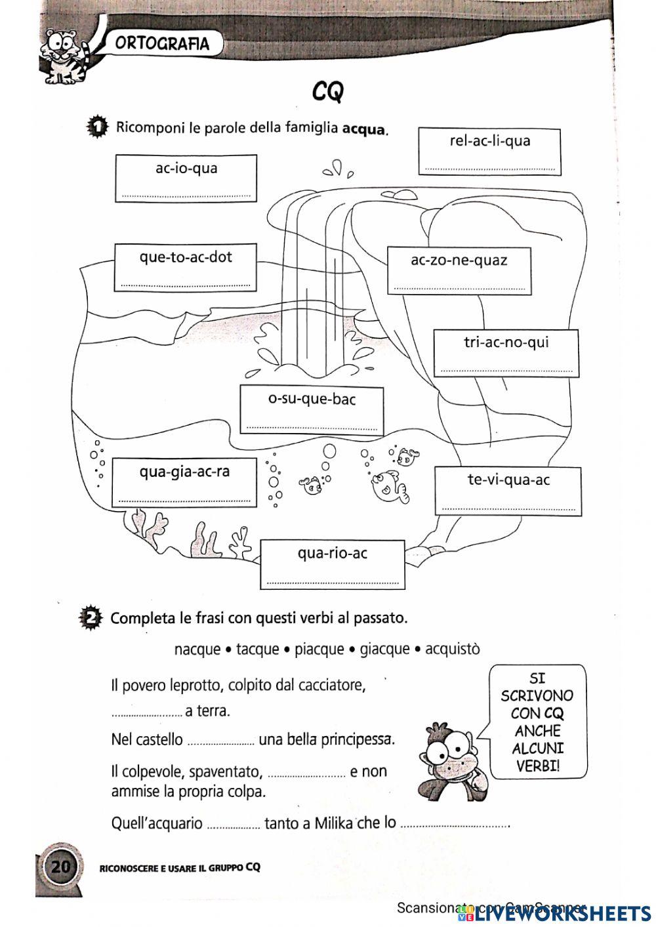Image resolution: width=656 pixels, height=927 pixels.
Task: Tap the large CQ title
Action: pyautogui.click(x=327, y=92)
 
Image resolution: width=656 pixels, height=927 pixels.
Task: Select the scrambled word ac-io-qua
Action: pyautogui.click(x=186, y=169)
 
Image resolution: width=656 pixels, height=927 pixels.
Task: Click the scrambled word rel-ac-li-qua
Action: pyautogui.click(x=489, y=141)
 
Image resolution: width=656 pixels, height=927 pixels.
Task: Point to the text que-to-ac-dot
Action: pyautogui.click(x=186, y=257)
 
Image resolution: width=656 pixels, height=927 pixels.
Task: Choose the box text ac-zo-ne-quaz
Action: pyautogui.click(x=459, y=260)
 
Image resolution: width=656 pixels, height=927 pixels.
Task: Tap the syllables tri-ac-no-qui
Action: pyautogui.click(x=506, y=342)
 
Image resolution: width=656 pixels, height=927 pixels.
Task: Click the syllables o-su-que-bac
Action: pyautogui.click(x=312, y=399)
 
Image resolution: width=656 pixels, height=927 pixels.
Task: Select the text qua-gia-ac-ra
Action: pyautogui.click(x=184, y=472)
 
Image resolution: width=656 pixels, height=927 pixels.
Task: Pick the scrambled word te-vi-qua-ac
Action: pyautogui.click(x=508, y=480)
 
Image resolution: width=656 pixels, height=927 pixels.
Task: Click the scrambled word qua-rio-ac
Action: pyautogui.click(x=332, y=554)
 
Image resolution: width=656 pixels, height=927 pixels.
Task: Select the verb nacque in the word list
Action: pyautogui.click(x=197, y=649)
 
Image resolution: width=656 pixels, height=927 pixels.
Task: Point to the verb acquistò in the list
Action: pyautogui.click(x=452, y=649)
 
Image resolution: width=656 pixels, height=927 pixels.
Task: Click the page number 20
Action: pyautogui.click(x=60, y=867)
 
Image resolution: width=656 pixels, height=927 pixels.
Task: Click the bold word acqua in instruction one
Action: pyautogui.click(x=364, y=129)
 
